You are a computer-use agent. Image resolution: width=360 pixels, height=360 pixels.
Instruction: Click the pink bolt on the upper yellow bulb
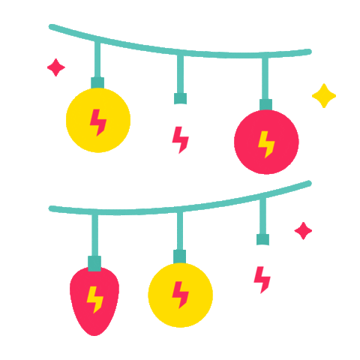click(x=98, y=121)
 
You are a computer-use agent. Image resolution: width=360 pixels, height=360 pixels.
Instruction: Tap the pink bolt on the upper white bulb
click(x=181, y=140)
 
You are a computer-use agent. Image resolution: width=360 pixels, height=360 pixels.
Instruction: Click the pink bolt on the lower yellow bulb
click(x=180, y=295)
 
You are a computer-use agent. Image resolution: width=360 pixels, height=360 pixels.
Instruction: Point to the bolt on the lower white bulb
click(x=262, y=280)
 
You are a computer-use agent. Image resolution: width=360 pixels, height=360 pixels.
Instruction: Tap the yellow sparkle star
click(x=324, y=95)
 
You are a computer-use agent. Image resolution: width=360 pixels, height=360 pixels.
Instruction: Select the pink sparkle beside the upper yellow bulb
click(x=55, y=67)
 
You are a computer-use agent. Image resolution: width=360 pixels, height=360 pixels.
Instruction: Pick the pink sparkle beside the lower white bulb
click(x=303, y=230)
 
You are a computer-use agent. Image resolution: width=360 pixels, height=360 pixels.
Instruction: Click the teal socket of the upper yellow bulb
click(x=97, y=82)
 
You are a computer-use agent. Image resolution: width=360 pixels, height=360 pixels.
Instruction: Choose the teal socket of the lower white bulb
click(x=262, y=239)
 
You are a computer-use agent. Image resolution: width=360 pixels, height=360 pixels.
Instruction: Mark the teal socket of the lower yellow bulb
click(x=180, y=256)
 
